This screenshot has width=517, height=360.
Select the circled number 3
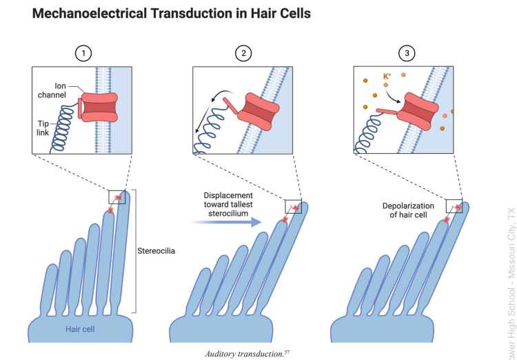(x=407, y=54)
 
